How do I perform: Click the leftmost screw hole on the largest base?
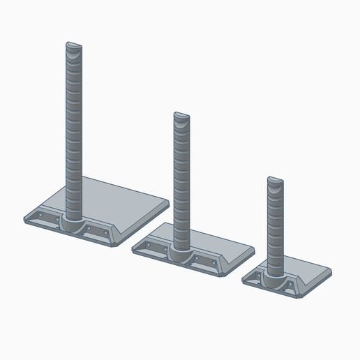coord(40,217)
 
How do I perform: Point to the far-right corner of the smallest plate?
coord(330,273)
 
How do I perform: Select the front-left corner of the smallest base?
coord(243,280)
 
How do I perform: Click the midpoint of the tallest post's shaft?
coord(73,133)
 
